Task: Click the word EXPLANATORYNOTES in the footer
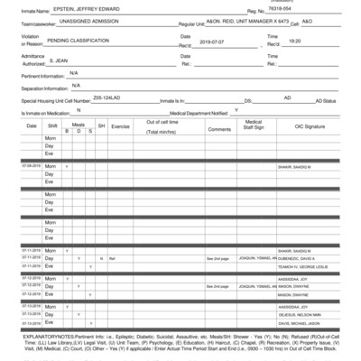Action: coord(34,336)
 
